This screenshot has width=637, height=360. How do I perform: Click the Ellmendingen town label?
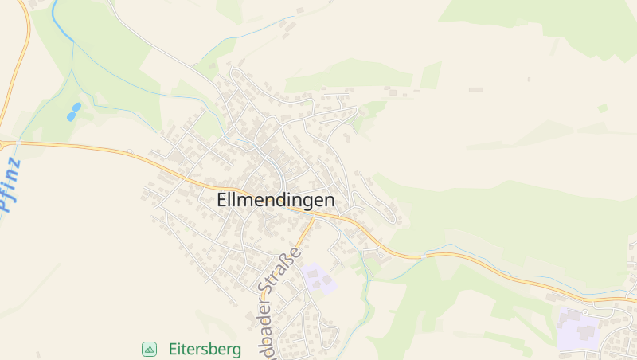click(276, 202)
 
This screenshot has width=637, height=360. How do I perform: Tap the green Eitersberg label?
click(205, 349)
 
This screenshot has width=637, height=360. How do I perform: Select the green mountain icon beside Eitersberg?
click(149, 349)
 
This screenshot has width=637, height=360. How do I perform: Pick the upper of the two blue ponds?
click(76, 107)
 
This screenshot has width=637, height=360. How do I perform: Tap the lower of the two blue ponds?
click(71, 116)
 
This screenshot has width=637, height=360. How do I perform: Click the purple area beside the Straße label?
click(318, 278)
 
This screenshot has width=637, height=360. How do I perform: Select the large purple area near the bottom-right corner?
click(578, 328)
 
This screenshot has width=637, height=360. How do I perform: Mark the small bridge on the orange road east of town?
click(426, 256)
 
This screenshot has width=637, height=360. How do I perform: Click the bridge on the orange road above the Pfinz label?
click(16, 143)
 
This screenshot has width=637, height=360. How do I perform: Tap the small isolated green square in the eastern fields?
click(603, 108)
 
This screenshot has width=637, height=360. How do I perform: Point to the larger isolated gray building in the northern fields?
click(475, 89)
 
